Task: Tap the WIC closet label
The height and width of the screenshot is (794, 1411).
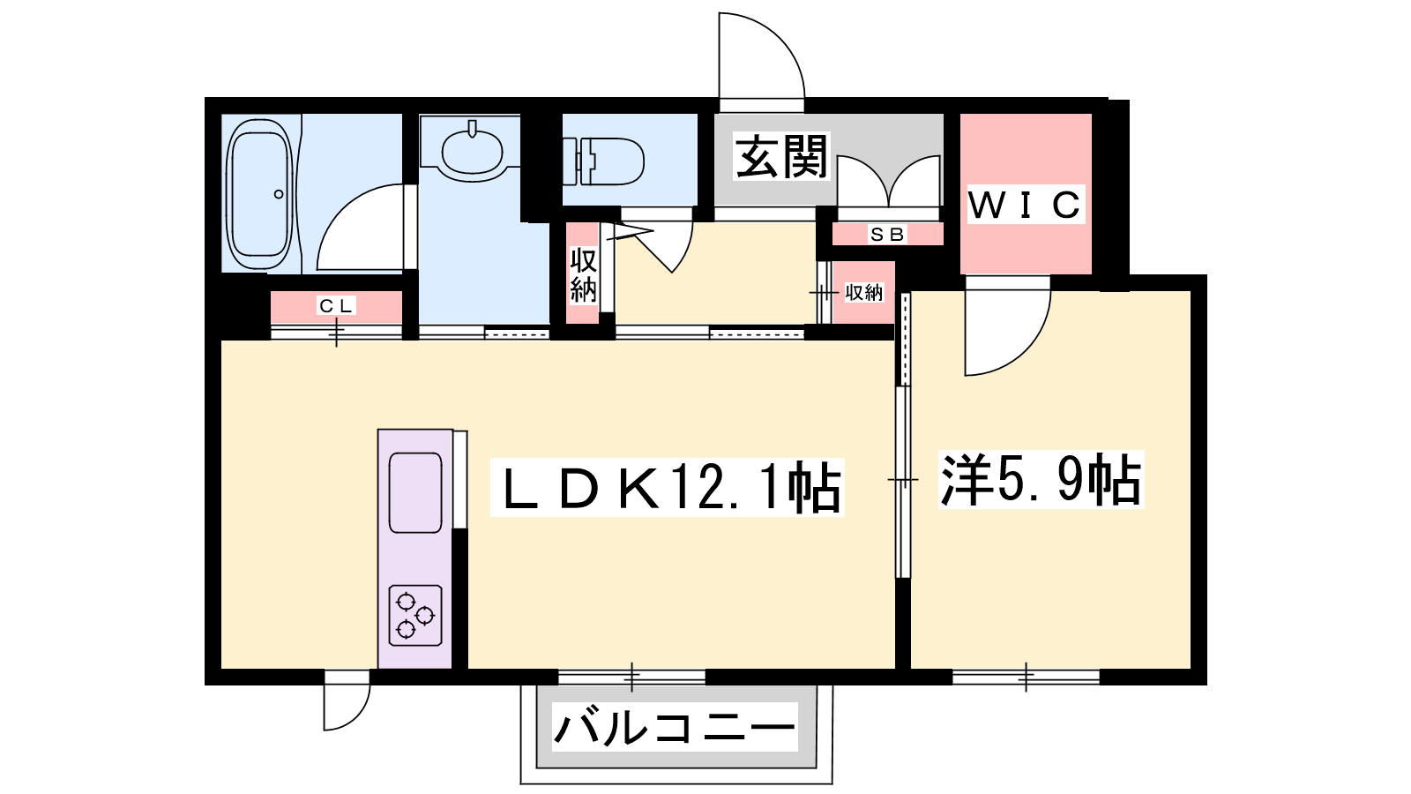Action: pyautogui.click(x=1025, y=205)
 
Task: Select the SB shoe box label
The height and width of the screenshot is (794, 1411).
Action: pyautogui.click(x=887, y=235)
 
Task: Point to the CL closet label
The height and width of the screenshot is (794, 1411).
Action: pyautogui.click(x=336, y=306)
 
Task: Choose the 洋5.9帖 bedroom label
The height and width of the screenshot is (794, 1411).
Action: pyautogui.click(x=1041, y=479)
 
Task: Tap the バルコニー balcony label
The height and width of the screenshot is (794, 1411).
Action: pyautogui.click(x=674, y=728)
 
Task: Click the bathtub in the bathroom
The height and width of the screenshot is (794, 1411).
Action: pyautogui.click(x=260, y=193)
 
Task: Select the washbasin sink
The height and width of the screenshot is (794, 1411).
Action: pyautogui.click(x=473, y=151)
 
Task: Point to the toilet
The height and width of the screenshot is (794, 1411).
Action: pyautogui.click(x=603, y=161)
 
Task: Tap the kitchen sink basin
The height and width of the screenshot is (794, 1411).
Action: pyautogui.click(x=415, y=493)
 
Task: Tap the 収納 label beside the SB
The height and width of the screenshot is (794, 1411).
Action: pyautogui.click(x=863, y=293)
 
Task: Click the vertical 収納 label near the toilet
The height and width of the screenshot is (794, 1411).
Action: pyautogui.click(x=583, y=275)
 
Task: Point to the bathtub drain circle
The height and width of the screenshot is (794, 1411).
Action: pyautogui.click(x=279, y=194)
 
